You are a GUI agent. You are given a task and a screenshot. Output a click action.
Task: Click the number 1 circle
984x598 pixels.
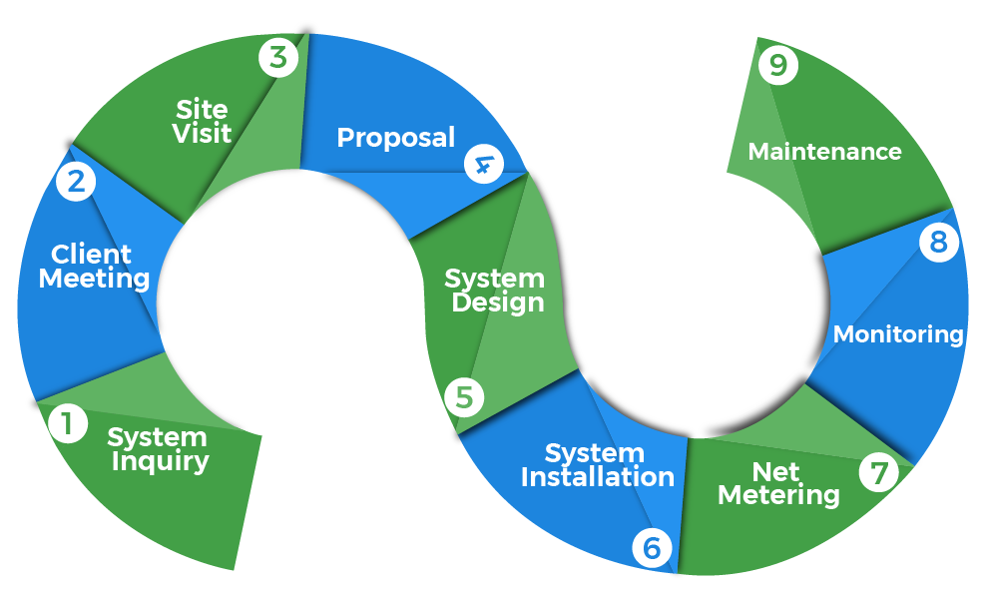67,424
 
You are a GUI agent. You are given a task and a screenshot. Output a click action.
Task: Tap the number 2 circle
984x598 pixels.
76,182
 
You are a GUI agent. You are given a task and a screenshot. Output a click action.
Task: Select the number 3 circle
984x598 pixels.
278,57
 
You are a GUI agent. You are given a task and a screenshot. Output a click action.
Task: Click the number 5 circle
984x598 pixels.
464,397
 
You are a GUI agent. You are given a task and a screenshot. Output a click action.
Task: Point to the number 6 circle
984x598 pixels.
652,547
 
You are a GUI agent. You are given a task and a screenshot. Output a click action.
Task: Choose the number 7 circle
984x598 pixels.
878,473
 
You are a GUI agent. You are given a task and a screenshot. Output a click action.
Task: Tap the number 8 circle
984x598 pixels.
938,243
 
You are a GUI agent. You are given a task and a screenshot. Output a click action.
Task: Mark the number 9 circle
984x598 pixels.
777,67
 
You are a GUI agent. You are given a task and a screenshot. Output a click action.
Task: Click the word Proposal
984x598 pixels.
395,138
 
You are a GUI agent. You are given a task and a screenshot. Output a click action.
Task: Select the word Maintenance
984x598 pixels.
824,152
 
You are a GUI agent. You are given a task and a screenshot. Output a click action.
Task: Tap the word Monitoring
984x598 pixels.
898,334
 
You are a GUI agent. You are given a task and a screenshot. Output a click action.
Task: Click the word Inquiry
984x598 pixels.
161,461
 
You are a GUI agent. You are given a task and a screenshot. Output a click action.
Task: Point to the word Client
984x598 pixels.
92,254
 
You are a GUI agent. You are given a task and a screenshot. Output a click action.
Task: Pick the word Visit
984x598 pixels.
202,134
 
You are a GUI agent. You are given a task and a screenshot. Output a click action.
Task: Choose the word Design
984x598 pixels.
498,302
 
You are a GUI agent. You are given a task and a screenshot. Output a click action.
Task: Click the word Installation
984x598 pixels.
597,477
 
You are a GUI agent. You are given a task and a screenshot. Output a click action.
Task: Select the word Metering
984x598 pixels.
778,494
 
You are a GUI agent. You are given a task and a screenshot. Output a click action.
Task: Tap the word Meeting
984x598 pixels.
94,278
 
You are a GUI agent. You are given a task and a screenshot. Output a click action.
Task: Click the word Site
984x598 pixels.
202,109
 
